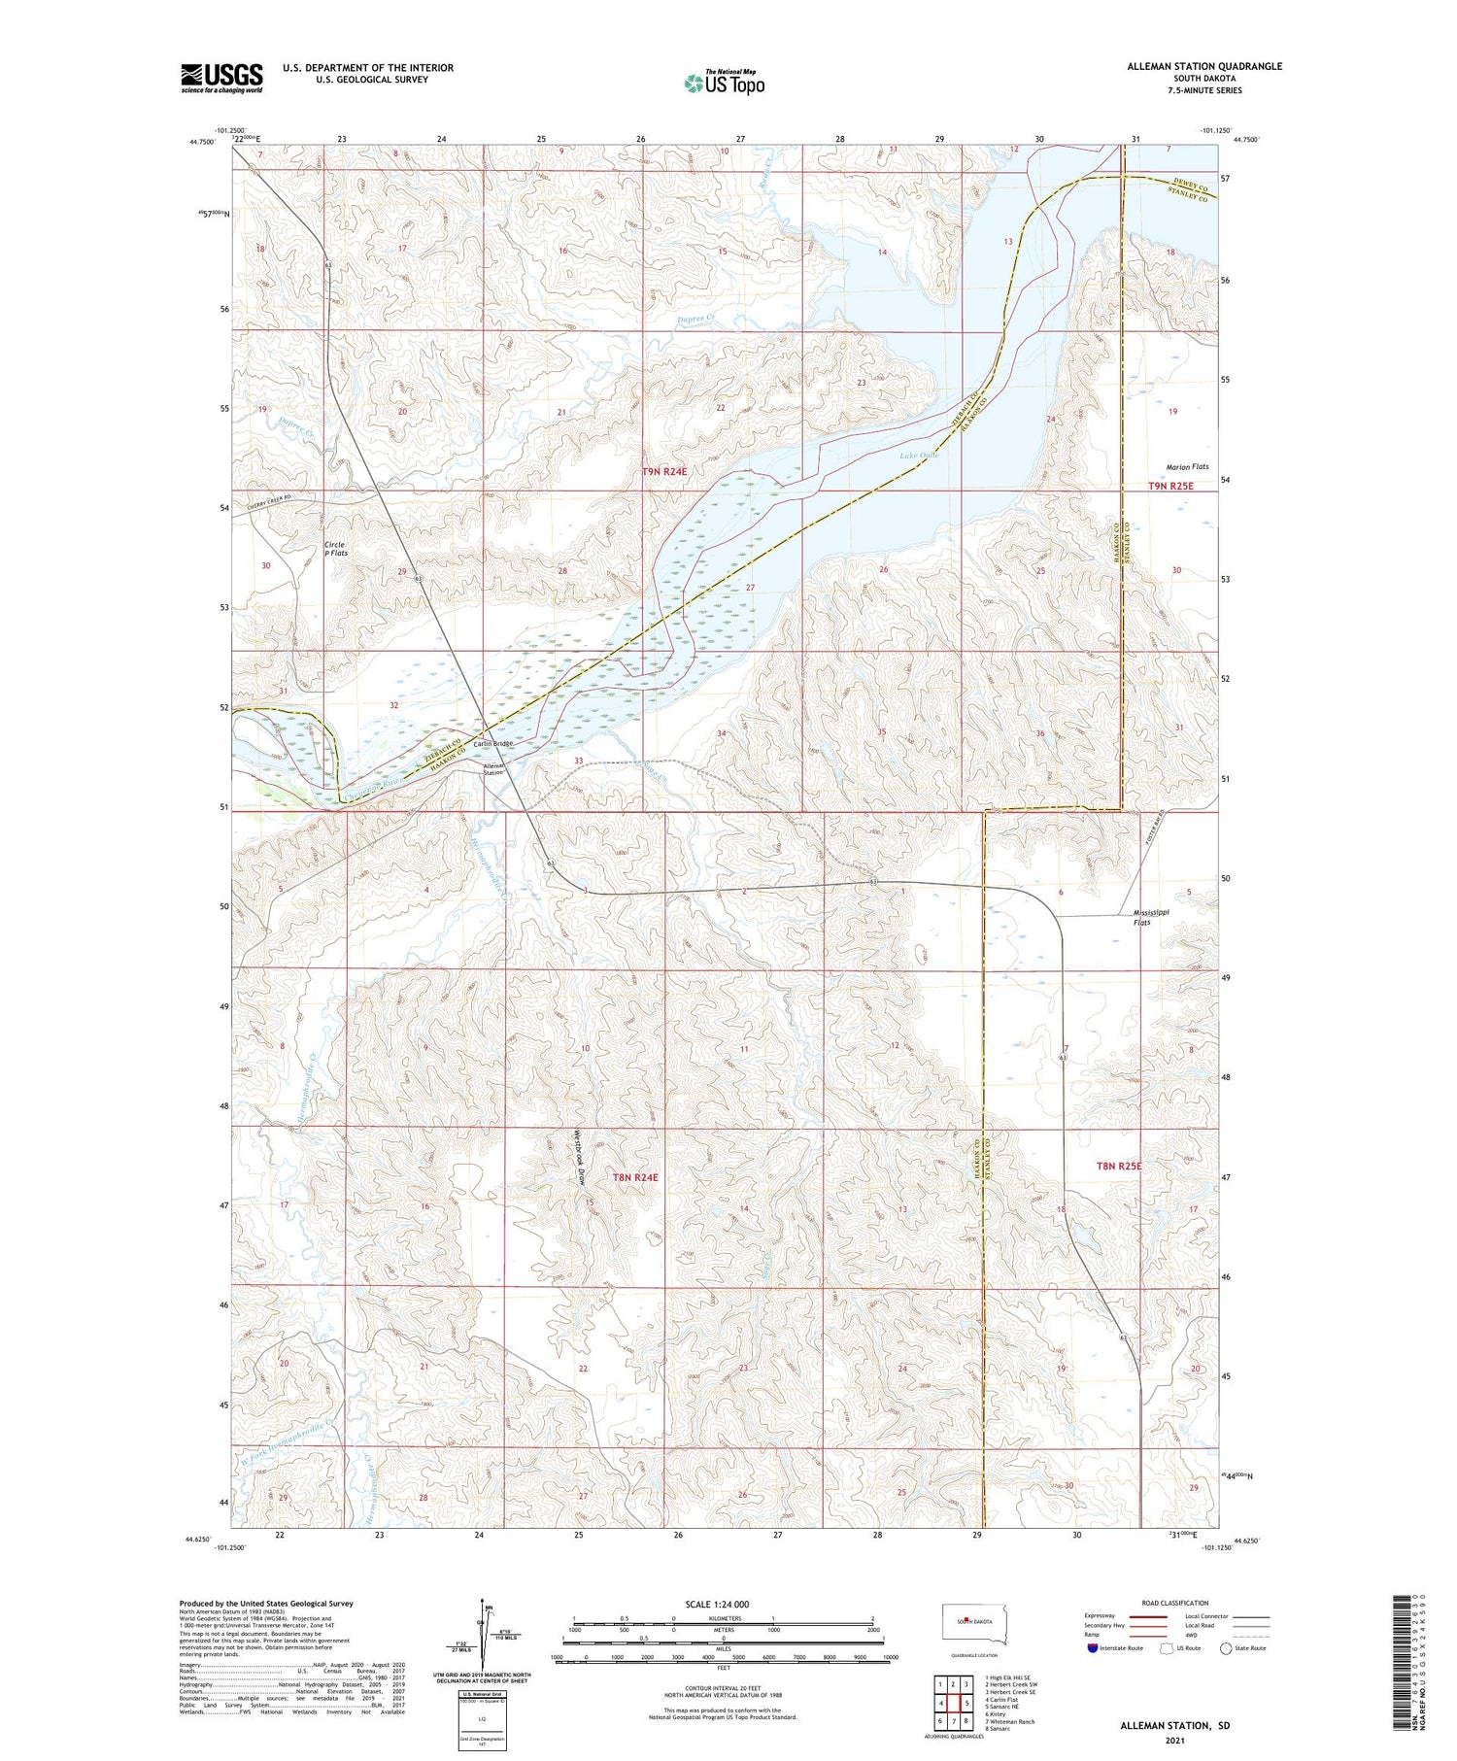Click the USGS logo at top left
coord(221,78)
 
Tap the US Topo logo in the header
coord(724,84)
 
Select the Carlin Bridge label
coord(493,744)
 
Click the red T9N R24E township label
coord(664,471)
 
